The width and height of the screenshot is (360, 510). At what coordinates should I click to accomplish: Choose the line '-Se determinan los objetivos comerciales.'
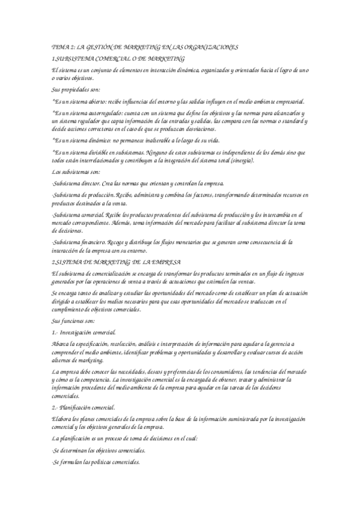99,450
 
